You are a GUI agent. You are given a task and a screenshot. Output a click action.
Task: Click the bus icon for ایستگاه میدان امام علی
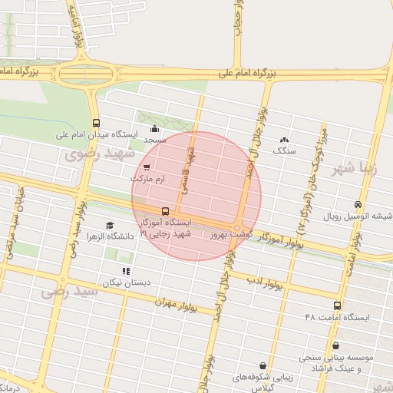pos(96,123)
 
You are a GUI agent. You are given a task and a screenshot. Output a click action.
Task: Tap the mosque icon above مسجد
pos(155,129)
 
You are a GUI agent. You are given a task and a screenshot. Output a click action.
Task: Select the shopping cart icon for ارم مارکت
pos(147,167)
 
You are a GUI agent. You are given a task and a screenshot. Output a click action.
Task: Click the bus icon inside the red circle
pos(165,211)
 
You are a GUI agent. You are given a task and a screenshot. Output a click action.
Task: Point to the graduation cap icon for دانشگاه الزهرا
pos(111,225)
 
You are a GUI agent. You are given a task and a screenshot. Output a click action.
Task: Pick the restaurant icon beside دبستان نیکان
pos(127,271)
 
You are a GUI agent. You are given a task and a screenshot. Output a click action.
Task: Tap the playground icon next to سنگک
pos(285,140)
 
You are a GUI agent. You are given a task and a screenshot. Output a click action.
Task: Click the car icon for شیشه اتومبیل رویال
pos(358,204)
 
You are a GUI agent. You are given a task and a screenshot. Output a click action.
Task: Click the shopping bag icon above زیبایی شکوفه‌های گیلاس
pos(264,366)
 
